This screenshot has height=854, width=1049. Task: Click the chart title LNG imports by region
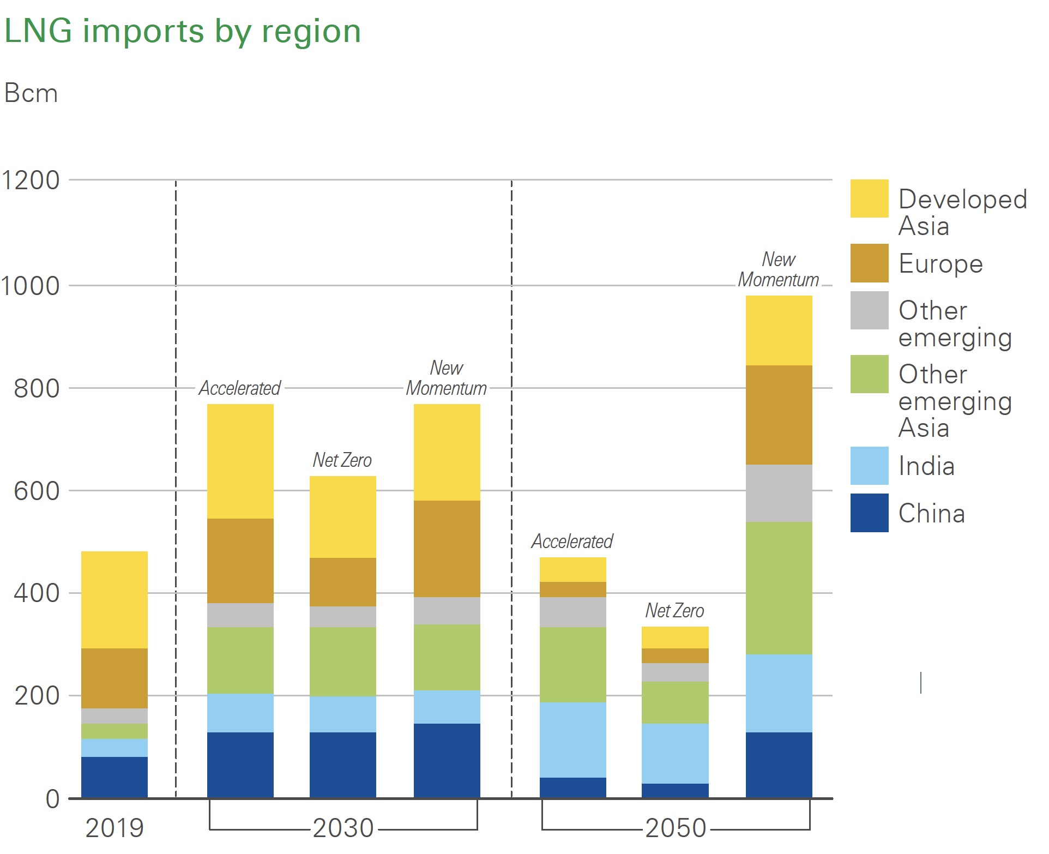[x=183, y=31]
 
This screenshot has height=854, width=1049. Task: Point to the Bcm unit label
[x=31, y=93]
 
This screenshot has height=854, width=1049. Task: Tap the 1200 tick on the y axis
[x=31, y=180]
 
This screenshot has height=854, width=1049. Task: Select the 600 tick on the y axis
[x=37, y=491]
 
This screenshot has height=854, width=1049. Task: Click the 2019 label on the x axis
[x=114, y=828]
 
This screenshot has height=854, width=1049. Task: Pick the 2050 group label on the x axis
[x=676, y=828]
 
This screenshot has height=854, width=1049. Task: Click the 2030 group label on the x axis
[x=343, y=828]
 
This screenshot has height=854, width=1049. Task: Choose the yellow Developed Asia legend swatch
[x=869, y=199]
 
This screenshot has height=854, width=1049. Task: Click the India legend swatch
[x=869, y=466]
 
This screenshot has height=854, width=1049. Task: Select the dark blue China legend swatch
[x=869, y=513]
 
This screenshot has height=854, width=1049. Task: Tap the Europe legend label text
[x=941, y=264]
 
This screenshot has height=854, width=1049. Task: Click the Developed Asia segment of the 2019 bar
[x=114, y=600]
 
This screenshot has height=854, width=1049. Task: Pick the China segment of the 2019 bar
[x=114, y=777]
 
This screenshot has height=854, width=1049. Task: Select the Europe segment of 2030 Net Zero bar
[x=343, y=582]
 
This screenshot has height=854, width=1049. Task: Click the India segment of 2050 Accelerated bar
[x=573, y=739]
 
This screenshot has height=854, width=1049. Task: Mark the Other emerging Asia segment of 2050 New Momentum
[x=779, y=588]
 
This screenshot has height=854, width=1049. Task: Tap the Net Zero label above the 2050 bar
[x=674, y=611]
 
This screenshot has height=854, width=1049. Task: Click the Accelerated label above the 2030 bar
[x=240, y=388]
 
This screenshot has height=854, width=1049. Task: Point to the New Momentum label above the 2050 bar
[x=779, y=269]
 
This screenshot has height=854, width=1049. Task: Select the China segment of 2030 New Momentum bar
[x=447, y=761]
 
